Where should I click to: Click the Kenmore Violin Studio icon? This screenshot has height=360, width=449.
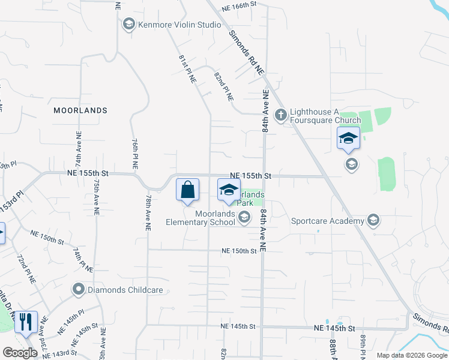(128, 25)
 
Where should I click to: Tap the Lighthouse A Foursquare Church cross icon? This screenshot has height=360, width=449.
(280, 114)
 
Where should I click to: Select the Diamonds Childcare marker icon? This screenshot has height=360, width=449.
(78, 290)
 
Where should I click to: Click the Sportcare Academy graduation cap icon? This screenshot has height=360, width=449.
(373, 221)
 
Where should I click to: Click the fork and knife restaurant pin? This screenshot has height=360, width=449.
(26, 322)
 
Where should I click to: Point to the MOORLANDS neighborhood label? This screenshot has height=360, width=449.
(80, 110)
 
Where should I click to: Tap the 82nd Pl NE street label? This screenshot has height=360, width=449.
(227, 88)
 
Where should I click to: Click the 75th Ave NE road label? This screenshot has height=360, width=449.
(96, 196)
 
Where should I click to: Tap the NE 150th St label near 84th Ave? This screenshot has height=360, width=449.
(238, 251)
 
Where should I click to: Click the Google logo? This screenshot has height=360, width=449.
(20, 353)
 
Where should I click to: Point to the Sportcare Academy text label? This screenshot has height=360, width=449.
(328, 221)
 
